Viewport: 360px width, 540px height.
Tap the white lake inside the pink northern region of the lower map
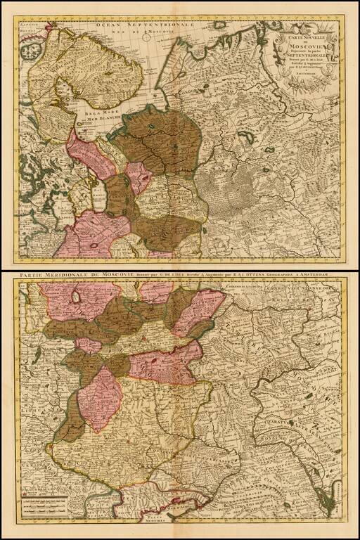(x=74, y=299)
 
